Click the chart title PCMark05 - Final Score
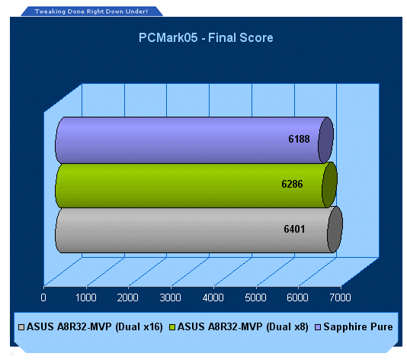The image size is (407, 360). tap(206, 37)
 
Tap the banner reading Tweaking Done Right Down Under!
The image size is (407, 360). tap(91, 11)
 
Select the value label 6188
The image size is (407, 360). tap(299, 139)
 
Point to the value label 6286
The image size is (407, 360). tap(292, 184)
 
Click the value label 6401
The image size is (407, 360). tap(294, 229)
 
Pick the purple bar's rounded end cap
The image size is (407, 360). tap(325, 140)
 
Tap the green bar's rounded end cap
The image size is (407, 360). tap(330, 185)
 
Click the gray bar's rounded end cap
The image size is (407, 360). tap(335, 230)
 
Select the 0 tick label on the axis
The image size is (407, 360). tap(43, 297)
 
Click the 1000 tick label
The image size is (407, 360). tap(86, 297)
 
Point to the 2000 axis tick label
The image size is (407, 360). tap(128, 297)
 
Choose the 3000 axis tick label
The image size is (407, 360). tap(170, 297)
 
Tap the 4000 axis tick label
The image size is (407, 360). tap(213, 297)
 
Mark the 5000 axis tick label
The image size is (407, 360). tap(255, 297)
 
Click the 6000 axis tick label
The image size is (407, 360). tap(297, 297)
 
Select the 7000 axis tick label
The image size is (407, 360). tap(340, 297)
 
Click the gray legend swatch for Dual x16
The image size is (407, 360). tap(21, 327)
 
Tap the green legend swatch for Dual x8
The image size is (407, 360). tap(172, 327)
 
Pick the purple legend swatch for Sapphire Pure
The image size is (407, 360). tap(318, 327)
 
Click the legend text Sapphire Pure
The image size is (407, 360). tap(358, 326)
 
